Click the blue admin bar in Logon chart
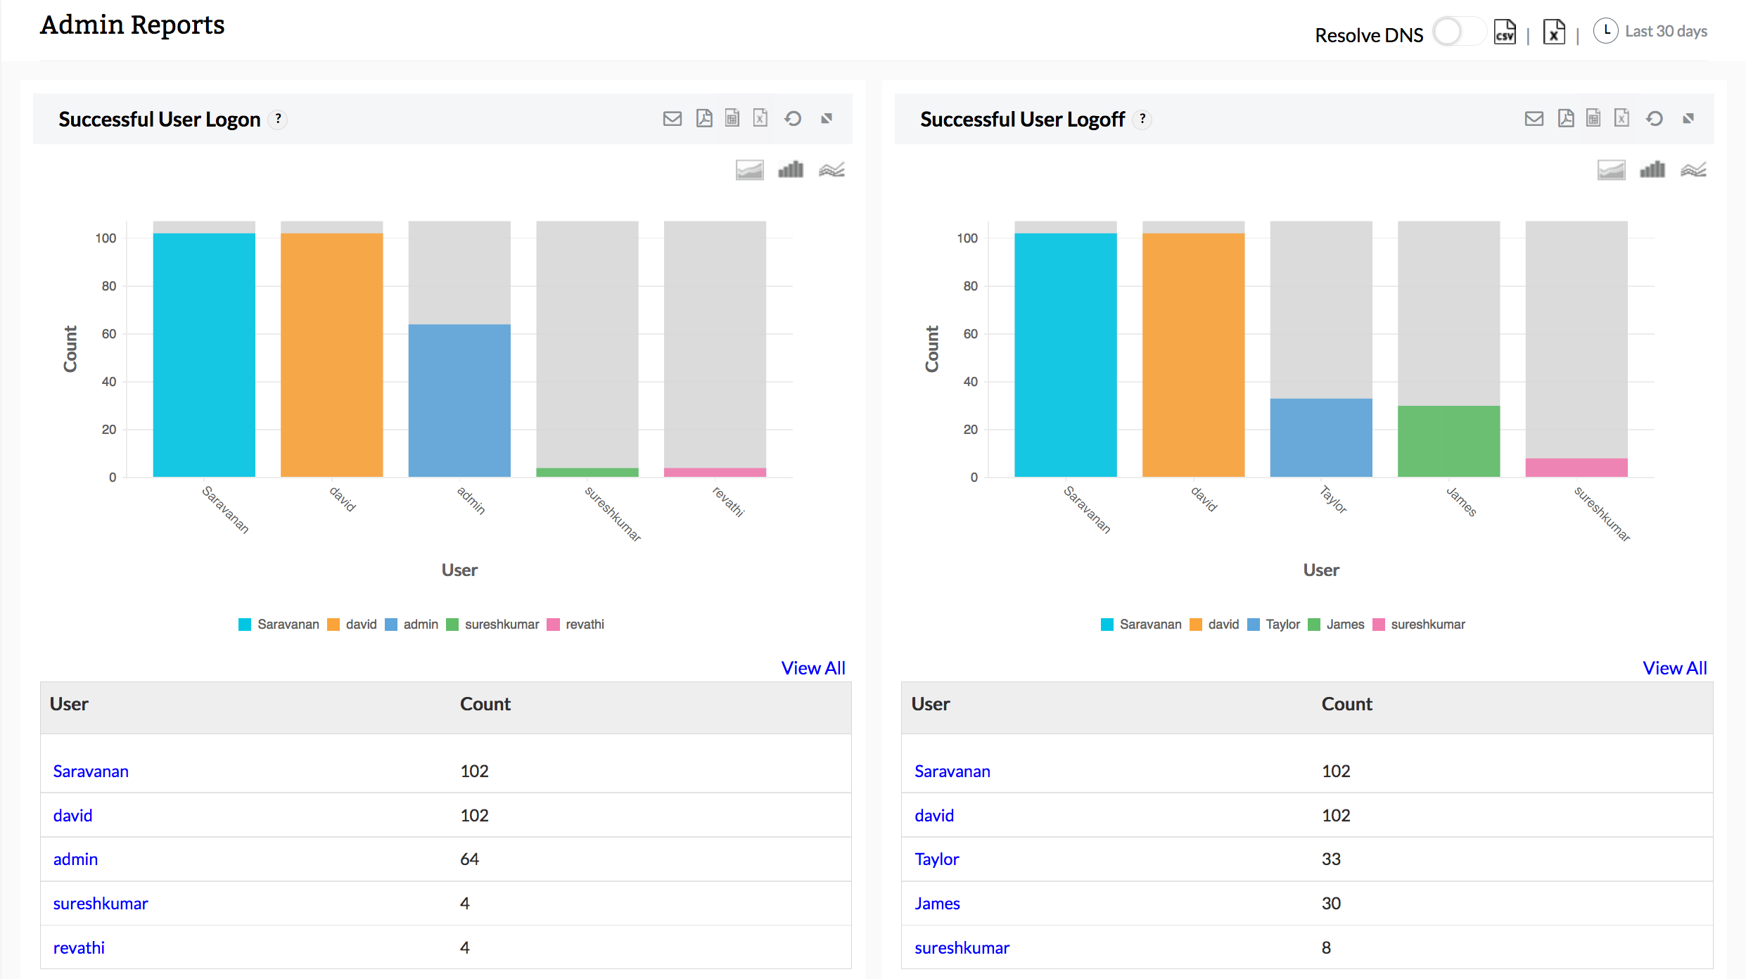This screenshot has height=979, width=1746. coord(459,401)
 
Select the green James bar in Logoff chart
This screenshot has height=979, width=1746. coord(1448,442)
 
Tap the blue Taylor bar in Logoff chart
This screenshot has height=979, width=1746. coord(1320,437)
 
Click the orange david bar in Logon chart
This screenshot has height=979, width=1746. coord(331,355)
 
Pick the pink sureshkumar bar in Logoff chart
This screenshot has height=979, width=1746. coord(1576,468)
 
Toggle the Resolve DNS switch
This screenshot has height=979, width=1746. coord(1458,32)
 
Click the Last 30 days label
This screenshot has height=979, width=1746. coord(1665,32)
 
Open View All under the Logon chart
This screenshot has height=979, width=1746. coord(813,668)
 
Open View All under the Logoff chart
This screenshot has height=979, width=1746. coord(1674,668)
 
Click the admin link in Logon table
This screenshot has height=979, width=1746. coord(75,859)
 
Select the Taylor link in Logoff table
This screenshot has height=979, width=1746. coord(936,859)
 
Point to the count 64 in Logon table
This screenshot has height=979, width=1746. coord(469,859)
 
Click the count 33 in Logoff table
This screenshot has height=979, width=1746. coord(1331,859)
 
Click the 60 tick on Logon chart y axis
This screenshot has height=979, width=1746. coord(109,334)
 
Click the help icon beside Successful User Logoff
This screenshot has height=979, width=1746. coord(1142,119)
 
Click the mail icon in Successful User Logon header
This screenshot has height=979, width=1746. coord(672,118)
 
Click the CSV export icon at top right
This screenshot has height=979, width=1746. coord(1505,32)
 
